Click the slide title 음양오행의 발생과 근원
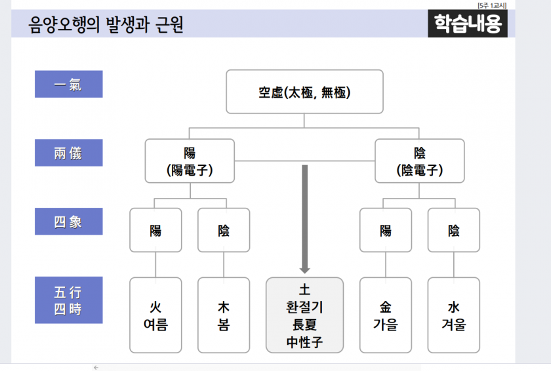point(106,24)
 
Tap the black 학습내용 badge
point(467,24)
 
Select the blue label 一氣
point(68,85)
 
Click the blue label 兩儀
point(68,153)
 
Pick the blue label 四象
point(68,222)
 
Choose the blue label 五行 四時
point(68,300)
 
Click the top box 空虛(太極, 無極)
point(304,92)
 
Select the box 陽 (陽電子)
point(190,161)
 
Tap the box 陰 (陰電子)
point(420,161)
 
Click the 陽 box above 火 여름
point(155,230)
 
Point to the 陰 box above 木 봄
point(224,230)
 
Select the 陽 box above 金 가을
point(386,230)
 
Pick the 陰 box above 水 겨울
point(454,230)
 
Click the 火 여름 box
point(155,315)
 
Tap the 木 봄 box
point(224,315)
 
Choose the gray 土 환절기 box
point(304,315)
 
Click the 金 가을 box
point(386,315)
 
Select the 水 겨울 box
point(454,315)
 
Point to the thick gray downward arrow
point(304,219)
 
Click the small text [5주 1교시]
point(492,5)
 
